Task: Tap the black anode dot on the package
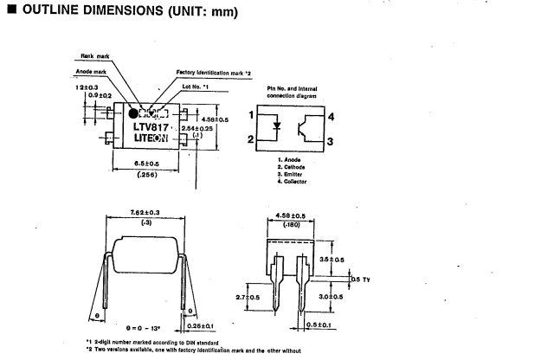(134, 112)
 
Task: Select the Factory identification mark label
(216, 72)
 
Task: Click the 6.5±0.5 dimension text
(152, 163)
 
